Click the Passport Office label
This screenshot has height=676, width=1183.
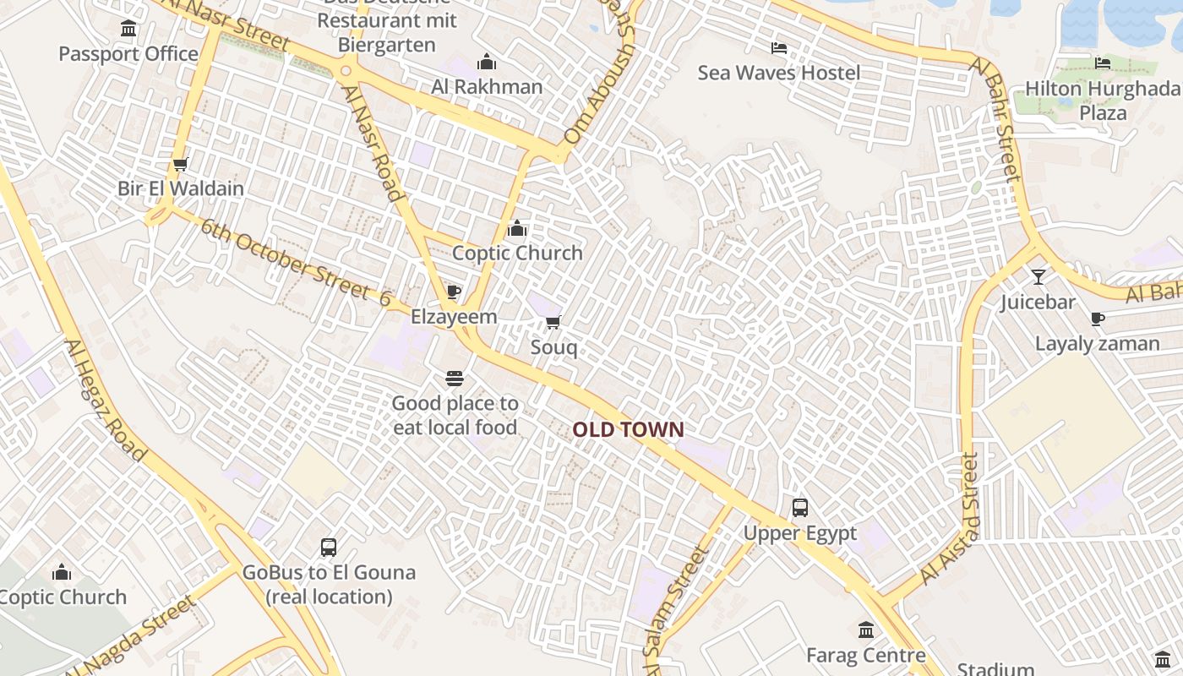[x=128, y=54]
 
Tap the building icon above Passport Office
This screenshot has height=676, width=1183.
[x=128, y=30]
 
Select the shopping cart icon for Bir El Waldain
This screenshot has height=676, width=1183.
[x=179, y=164]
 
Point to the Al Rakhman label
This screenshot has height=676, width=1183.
[x=487, y=86]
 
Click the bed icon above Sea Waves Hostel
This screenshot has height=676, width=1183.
[x=779, y=48]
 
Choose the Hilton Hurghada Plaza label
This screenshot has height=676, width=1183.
[x=1102, y=101]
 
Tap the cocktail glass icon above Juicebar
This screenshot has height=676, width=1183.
[x=1038, y=276]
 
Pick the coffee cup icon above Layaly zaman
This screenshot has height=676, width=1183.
[x=1097, y=319]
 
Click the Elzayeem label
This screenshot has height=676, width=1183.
[x=454, y=317]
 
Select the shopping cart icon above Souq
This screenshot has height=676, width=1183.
[x=553, y=322]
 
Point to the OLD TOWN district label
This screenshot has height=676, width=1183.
[x=628, y=429]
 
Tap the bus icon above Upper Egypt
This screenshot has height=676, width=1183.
[x=799, y=508]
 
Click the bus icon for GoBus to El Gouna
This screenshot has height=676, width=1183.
[x=329, y=548]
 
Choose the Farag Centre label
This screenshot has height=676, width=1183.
[x=865, y=655]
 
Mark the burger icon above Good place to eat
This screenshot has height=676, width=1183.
[x=455, y=378]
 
